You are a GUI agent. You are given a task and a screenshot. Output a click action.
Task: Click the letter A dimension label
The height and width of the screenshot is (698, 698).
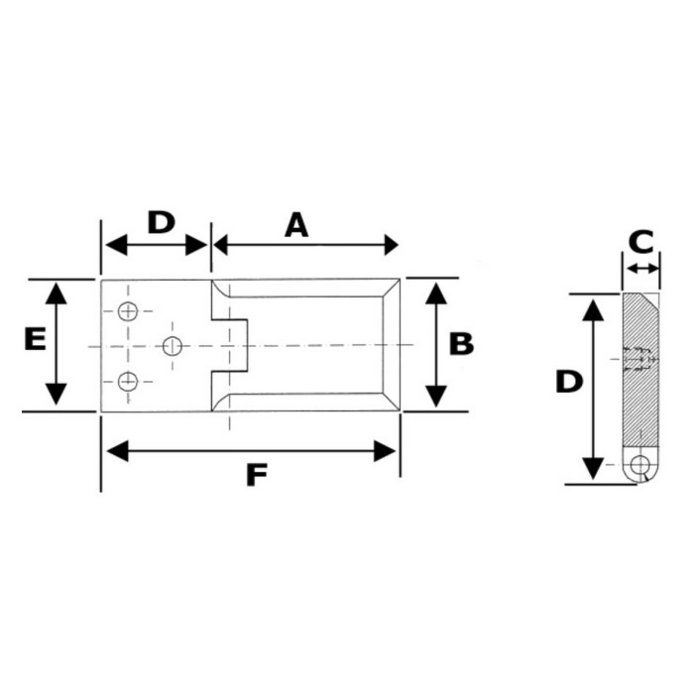coord(296,225)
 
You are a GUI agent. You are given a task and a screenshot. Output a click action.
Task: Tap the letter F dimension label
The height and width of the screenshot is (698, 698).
coord(257,475)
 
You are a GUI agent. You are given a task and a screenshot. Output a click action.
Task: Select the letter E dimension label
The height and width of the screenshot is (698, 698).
coord(35,339)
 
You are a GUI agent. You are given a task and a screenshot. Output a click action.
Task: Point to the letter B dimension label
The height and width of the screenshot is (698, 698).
coord(461,344)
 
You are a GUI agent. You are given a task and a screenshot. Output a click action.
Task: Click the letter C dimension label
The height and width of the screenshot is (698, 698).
coord(641,242)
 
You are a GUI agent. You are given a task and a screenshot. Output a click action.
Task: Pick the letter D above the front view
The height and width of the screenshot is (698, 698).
coord(162,222)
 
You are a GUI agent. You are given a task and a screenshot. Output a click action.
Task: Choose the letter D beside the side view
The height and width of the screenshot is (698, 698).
coord(569,382)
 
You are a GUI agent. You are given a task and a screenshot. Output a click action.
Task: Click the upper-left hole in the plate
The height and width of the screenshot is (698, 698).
coord(128,311)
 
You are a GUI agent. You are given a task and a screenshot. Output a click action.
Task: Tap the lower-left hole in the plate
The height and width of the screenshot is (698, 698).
coord(128,381)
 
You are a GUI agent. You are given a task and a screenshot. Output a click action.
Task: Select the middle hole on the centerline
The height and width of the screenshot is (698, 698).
coord(173,346)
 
